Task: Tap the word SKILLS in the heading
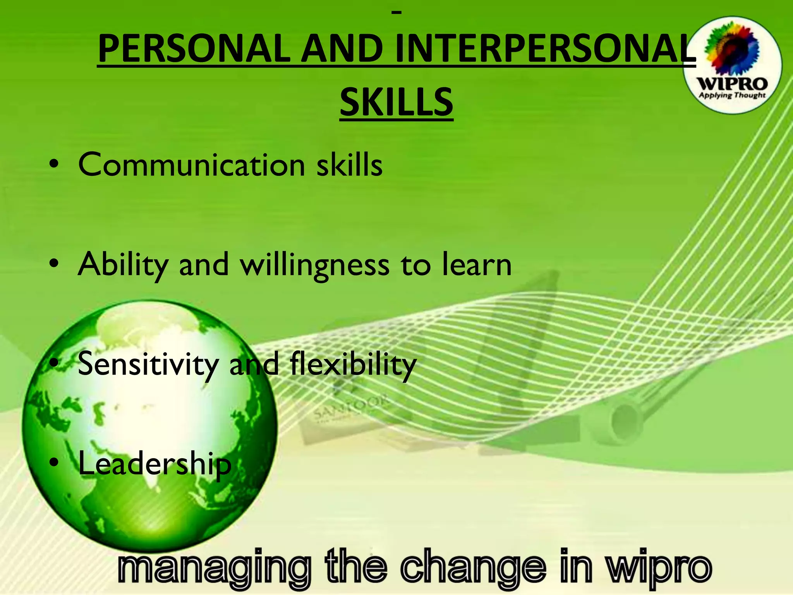click(x=396, y=102)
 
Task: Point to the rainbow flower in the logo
click(x=731, y=48)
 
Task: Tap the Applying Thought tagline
click(x=732, y=95)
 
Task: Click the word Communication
click(x=192, y=165)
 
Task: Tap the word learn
click(x=477, y=265)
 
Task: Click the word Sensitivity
click(x=148, y=364)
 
